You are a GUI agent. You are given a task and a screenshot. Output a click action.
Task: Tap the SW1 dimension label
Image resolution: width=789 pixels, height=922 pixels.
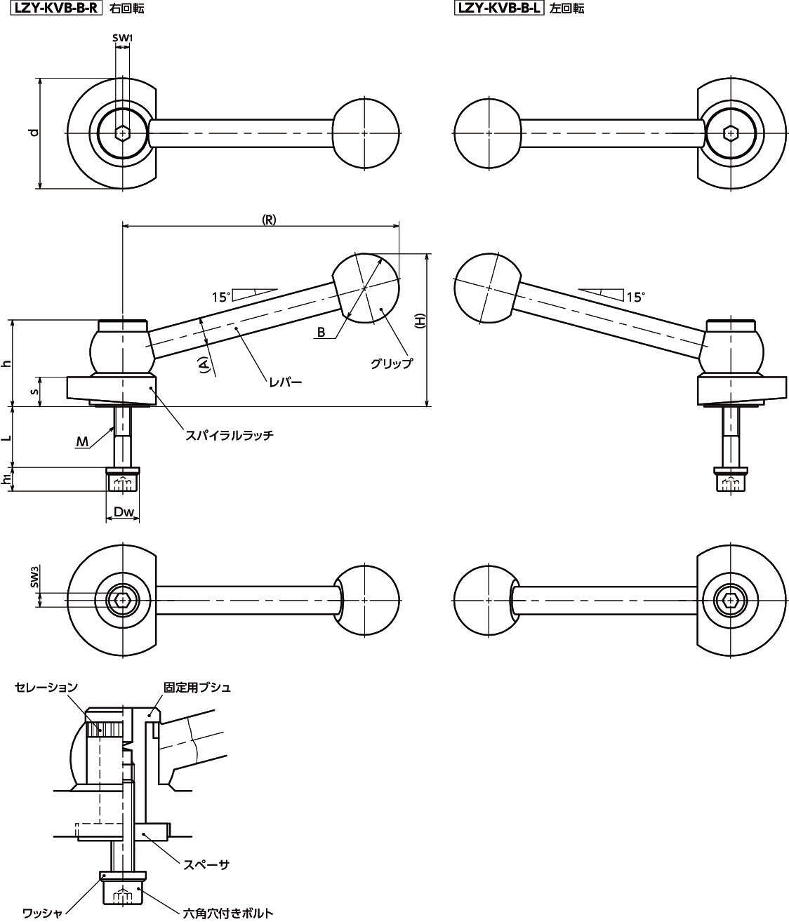click(122, 38)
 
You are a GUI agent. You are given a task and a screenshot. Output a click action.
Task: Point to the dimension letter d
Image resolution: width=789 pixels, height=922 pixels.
click(33, 133)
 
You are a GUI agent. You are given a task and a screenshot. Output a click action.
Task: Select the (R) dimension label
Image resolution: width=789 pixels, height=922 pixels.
click(269, 219)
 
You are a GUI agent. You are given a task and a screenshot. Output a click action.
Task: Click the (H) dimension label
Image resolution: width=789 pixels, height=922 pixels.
click(420, 323)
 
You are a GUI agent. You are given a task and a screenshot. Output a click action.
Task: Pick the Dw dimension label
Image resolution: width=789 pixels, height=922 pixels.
click(124, 513)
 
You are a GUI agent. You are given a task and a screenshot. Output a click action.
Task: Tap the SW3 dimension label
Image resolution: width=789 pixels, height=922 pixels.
click(34, 577)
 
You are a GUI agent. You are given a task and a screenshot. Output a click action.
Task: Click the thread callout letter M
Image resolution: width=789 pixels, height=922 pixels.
click(83, 441)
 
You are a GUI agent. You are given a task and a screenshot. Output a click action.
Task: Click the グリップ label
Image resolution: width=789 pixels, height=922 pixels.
click(391, 363)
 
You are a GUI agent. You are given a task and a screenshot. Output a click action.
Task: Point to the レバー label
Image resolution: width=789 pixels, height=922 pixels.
click(285, 382)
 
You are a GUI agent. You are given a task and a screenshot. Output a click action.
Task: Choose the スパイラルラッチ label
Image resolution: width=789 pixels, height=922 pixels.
click(229, 435)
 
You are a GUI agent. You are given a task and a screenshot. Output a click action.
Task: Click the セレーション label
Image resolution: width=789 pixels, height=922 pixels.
click(46, 688)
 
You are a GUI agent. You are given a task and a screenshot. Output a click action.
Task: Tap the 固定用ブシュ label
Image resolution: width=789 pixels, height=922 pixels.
click(197, 688)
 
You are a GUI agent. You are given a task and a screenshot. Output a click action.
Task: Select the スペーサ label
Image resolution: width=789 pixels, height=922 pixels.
click(206, 864)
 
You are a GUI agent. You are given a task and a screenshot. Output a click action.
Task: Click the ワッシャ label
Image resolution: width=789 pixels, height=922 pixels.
click(43, 913)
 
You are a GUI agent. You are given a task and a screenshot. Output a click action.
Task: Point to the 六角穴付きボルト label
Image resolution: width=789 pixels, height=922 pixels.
click(227, 913)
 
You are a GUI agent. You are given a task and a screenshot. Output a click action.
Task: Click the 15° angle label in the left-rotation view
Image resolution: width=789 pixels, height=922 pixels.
click(635, 297)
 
